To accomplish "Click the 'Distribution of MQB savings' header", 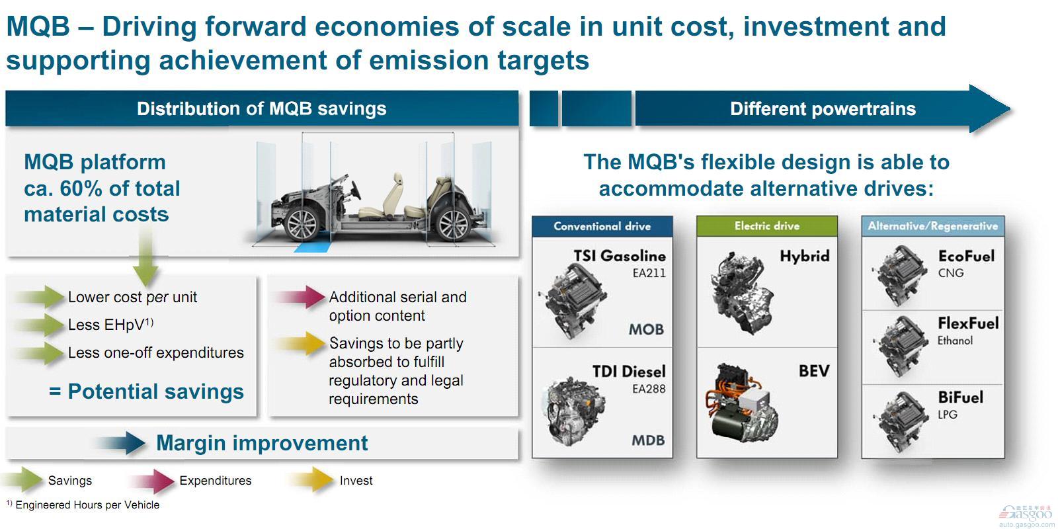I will coord(261,109).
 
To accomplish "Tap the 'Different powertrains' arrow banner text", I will coord(822,109).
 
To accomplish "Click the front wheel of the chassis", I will coord(302,224).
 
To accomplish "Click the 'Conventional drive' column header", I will coord(602,226).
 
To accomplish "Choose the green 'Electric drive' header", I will coord(766,226).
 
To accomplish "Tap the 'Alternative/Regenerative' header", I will coord(932,226).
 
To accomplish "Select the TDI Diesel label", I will coord(628,372).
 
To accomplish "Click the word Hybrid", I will coord(804,257).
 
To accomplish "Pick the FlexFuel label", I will coord(967,323).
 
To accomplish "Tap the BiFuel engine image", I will coord(899,420).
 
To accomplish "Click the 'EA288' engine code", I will coord(648,389).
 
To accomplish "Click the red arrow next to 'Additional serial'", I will coord(302,297).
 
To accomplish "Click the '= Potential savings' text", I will coord(146,391).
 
